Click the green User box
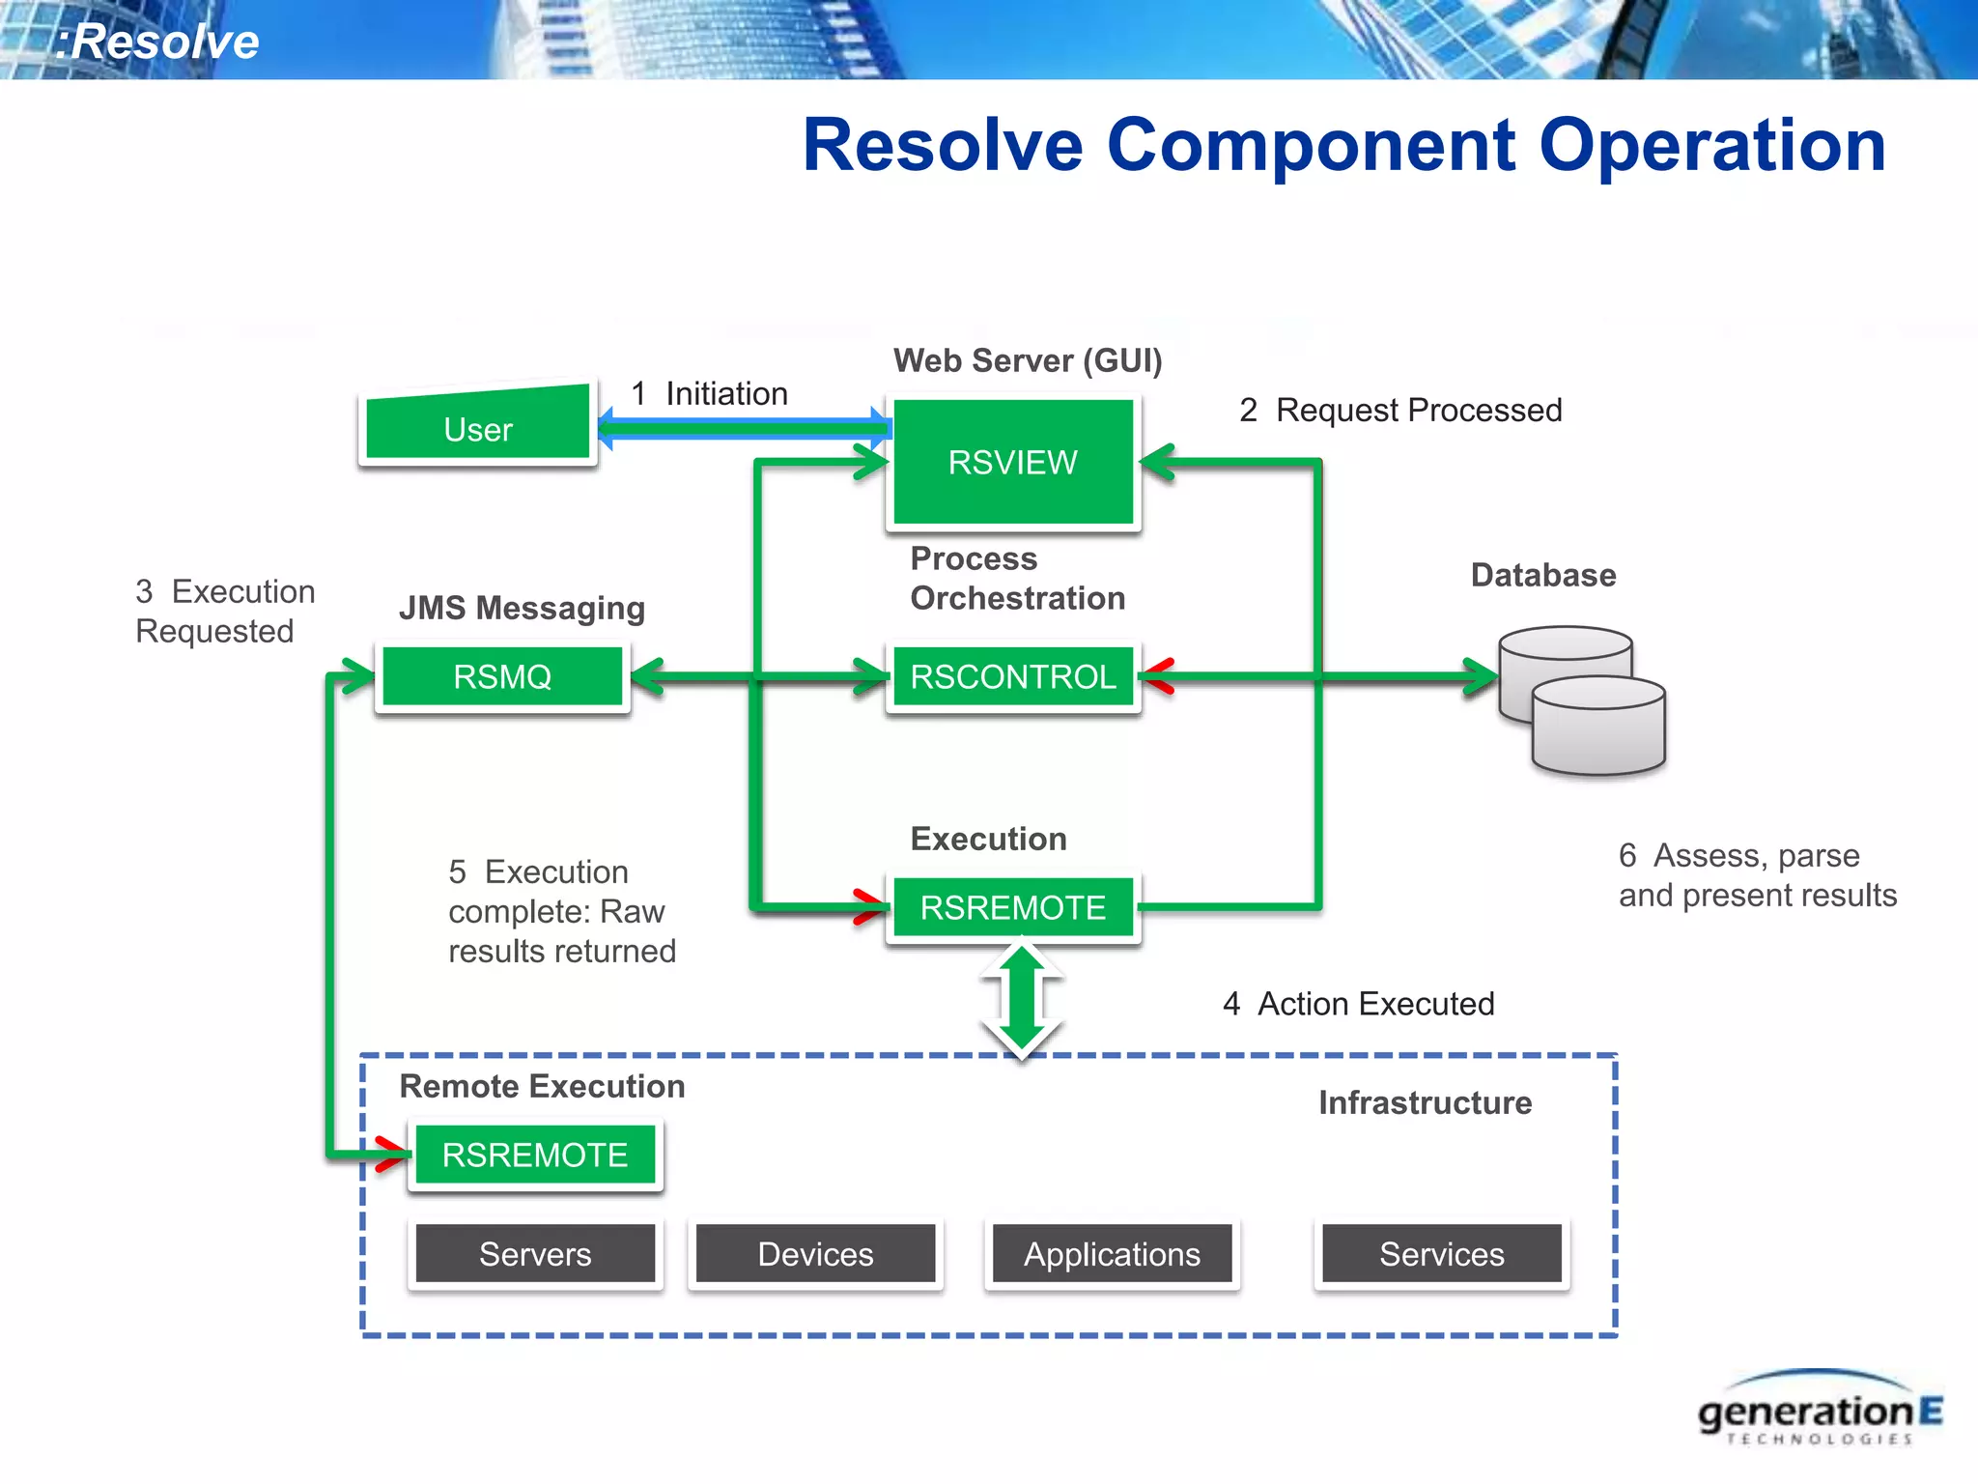point(477,426)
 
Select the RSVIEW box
point(1012,462)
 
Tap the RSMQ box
point(502,676)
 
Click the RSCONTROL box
point(1012,676)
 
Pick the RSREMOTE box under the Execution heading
point(1012,907)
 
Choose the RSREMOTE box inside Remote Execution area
point(535,1155)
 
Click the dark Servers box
point(535,1254)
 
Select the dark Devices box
point(815,1254)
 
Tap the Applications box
point(1112,1254)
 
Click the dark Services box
point(1441,1254)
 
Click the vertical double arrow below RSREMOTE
point(1022,1000)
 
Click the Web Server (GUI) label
point(1027,360)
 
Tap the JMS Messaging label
point(522,608)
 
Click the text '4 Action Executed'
point(1358,1004)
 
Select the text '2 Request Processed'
point(1400,410)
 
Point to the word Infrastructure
point(1425,1102)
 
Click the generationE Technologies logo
point(1819,1412)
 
